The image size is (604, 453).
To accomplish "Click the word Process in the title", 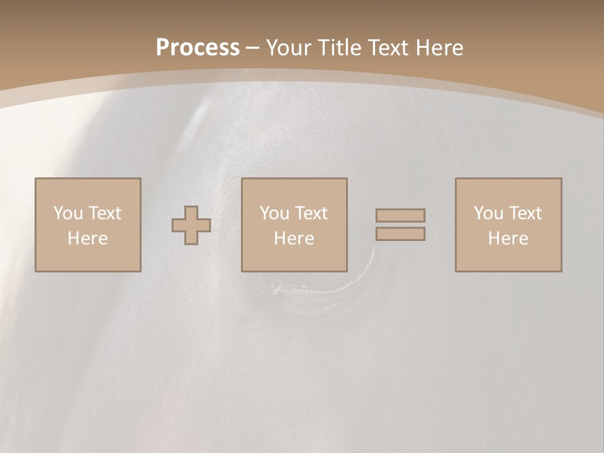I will tap(198, 48).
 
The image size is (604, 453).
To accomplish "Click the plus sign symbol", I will tap(191, 225).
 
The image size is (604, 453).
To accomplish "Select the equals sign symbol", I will tap(400, 225).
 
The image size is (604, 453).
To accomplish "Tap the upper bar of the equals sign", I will tap(400, 215).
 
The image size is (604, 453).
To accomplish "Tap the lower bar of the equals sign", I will tap(400, 234).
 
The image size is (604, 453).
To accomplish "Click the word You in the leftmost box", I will tap(69, 213).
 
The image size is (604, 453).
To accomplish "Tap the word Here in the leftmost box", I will tap(87, 238).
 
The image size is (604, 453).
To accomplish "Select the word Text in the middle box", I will tap(311, 213).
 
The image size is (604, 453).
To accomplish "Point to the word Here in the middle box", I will tap(294, 238).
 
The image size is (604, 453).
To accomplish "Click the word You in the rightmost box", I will tap(489, 213).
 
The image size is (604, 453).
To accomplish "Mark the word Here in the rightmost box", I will tap(508, 238).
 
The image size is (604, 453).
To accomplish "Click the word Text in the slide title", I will tap(386, 48).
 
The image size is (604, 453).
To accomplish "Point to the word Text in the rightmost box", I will tap(525, 213).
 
